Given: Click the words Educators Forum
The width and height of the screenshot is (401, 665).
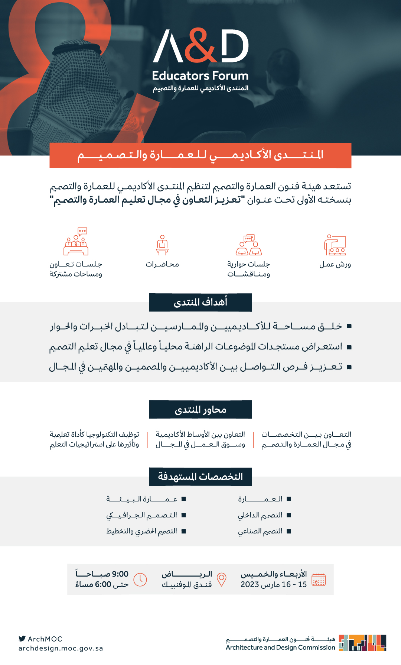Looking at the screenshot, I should (200, 76).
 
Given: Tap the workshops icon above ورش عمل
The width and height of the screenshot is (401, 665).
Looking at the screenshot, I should (335, 245).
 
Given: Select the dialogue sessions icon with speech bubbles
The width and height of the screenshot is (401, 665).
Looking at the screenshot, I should (249, 245).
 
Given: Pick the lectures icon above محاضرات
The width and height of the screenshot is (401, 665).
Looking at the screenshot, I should (162, 245).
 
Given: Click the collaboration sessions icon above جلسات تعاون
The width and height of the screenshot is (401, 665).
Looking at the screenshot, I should (76, 242).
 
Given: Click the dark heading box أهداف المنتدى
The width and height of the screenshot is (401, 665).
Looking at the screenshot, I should (200, 302).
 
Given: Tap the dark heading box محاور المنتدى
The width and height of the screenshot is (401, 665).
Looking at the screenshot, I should (200, 410).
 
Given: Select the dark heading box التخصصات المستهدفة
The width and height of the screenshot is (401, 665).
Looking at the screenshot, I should (200, 477).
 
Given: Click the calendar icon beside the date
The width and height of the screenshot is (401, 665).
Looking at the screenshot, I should (319, 580).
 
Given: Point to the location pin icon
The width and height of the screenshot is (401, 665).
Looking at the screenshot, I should (222, 579).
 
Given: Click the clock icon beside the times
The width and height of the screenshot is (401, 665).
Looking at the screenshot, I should (140, 580).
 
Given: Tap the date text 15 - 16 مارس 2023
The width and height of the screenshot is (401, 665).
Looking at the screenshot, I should (274, 584).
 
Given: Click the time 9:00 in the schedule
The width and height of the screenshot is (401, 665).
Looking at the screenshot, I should (120, 574).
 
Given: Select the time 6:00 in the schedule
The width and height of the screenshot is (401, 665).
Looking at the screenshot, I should (103, 584).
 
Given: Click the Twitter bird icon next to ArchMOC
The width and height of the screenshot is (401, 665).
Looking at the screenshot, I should (22, 639).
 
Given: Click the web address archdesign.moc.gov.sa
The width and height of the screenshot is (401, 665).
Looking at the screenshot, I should (61, 648).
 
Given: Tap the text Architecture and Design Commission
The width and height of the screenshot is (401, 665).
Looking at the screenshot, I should (280, 648).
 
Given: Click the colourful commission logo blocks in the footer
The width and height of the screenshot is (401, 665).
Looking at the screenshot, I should (362, 643).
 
